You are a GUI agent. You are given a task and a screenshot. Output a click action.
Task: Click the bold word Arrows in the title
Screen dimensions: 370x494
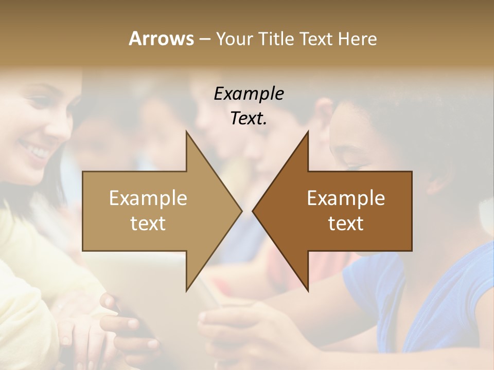pos(161,39)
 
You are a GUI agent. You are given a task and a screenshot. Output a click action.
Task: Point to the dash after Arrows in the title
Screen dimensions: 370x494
pos(204,39)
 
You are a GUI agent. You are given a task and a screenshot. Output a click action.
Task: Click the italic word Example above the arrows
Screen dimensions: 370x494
pos(249,94)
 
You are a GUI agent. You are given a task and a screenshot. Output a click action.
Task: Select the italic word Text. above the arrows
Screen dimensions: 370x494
pos(249,119)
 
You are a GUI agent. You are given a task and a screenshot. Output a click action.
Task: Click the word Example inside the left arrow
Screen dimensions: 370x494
pos(148,198)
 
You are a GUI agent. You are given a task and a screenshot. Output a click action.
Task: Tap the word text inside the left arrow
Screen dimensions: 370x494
pos(148,224)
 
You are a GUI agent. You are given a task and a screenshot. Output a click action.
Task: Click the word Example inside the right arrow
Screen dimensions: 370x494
pos(346,198)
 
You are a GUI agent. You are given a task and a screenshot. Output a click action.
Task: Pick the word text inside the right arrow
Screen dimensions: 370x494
pos(346,224)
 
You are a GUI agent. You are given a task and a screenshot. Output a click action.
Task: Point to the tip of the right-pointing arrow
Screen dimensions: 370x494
pos(241,211)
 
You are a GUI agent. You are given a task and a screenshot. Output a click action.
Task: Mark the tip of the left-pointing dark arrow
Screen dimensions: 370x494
pos(253,211)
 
